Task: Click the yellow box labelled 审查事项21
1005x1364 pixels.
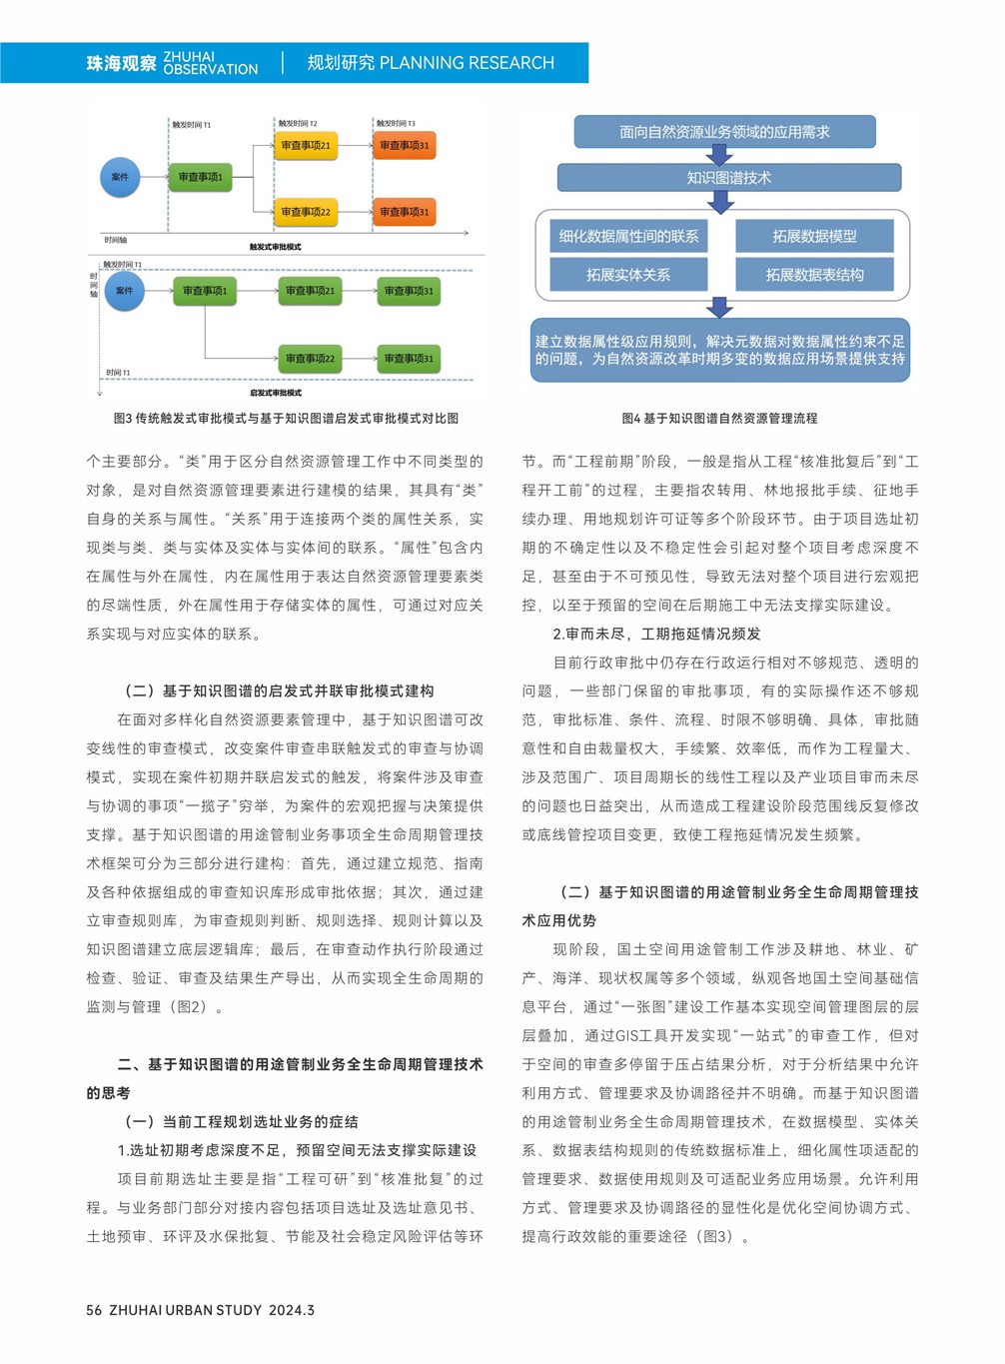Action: (306, 146)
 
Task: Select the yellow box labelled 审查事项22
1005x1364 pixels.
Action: (306, 212)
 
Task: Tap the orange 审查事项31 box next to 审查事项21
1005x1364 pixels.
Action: (405, 146)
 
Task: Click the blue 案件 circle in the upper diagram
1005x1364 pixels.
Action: (120, 177)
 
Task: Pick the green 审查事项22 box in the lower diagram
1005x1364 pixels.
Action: (310, 358)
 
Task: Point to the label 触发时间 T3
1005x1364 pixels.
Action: (396, 124)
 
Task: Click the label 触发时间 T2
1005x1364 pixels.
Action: (298, 124)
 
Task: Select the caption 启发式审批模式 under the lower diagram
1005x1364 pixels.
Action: (276, 393)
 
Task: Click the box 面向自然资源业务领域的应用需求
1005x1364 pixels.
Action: (724, 132)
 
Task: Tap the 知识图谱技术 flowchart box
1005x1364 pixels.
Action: (728, 178)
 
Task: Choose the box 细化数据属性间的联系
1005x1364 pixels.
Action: (628, 237)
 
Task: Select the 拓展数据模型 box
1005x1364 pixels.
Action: (814, 237)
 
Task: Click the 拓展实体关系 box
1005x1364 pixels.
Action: (628, 275)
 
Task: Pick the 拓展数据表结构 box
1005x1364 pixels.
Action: (814, 275)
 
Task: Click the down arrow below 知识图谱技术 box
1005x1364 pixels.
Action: (720, 201)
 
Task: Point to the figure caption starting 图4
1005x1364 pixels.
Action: (719, 419)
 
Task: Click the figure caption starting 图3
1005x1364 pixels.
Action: (286, 419)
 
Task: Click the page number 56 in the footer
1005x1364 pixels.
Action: (94, 1310)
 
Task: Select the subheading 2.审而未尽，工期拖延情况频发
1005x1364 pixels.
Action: (656, 634)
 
